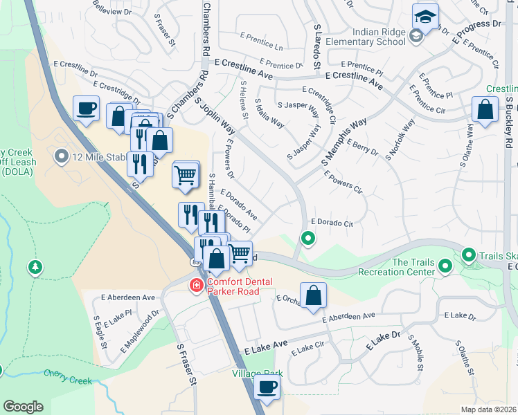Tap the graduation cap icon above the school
coord(425,15)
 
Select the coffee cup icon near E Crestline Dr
coord(86,109)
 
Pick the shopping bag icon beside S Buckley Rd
coord(485,109)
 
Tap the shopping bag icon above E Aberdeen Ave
coord(313,295)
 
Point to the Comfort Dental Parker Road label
coord(232,286)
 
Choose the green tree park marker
coord(35,266)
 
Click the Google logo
coord(23,406)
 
